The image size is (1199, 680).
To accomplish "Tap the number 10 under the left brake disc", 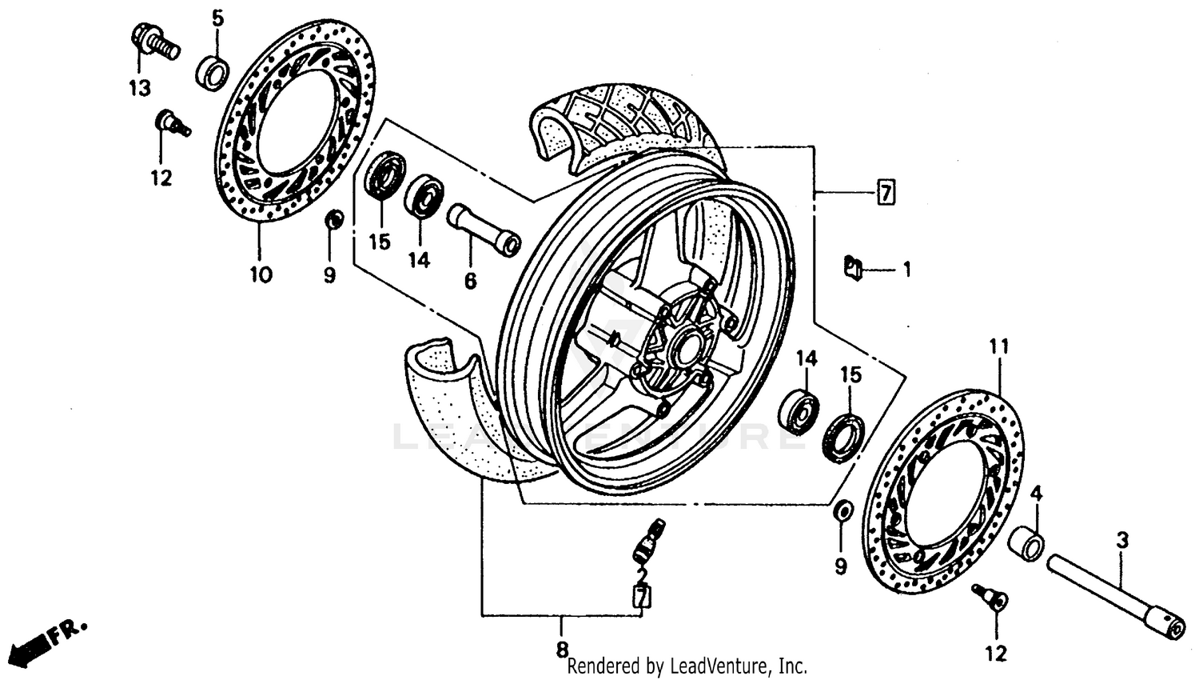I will click(260, 275).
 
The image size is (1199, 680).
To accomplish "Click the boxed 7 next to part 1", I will click(886, 193).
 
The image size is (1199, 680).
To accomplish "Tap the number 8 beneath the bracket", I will click(562, 648).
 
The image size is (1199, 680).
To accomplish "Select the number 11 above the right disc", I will click(999, 347).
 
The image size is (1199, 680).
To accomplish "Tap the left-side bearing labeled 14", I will click(424, 197).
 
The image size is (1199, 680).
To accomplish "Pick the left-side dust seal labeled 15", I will click(384, 176).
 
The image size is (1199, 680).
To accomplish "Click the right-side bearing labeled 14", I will click(799, 410).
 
